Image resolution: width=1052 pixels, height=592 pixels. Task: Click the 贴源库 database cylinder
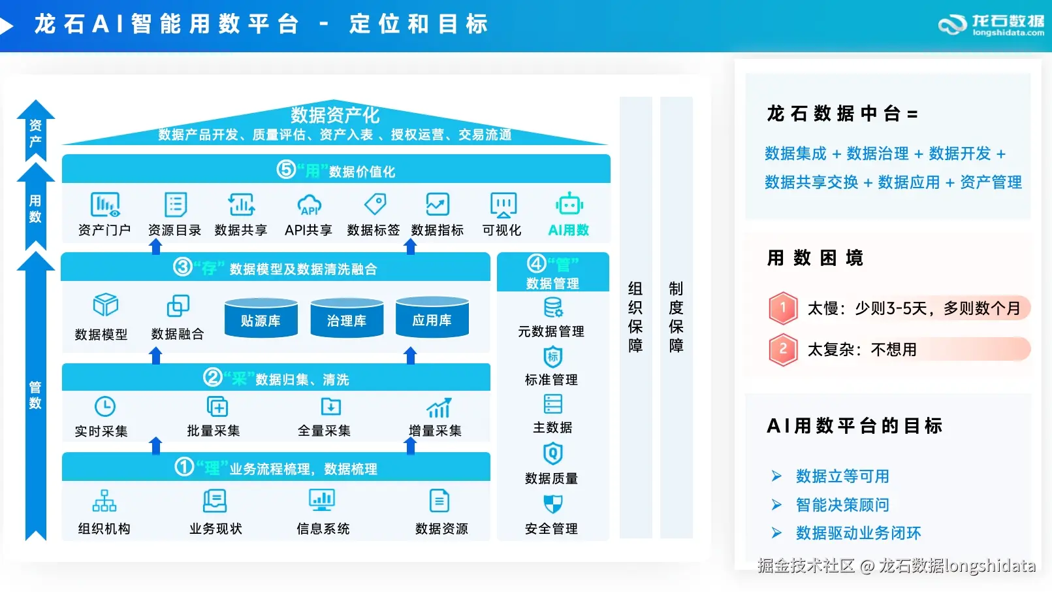261,318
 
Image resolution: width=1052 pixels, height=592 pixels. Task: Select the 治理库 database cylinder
347,318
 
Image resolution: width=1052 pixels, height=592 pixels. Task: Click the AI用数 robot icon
569,205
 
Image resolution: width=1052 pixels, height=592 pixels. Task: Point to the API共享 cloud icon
309,205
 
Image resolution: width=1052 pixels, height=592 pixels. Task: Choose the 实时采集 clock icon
105,406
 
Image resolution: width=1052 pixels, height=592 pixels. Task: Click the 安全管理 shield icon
552,504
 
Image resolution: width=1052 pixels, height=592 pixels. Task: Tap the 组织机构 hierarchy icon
104,501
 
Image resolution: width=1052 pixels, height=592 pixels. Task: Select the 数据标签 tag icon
375,204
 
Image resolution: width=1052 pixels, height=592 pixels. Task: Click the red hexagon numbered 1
783,308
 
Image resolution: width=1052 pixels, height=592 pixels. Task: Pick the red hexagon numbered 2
783,350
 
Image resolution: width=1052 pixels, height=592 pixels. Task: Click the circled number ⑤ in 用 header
286,170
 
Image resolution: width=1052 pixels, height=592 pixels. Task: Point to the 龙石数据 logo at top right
991,25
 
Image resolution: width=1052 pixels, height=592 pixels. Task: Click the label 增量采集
436,431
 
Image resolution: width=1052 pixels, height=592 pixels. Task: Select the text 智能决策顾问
842,504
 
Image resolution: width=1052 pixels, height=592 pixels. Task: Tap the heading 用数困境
814,258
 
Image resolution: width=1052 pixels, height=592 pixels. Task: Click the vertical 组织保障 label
635,317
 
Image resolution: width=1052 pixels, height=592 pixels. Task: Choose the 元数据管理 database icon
553,307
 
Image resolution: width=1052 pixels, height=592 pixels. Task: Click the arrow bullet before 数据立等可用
776,476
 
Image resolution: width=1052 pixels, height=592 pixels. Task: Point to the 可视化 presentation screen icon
503,205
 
